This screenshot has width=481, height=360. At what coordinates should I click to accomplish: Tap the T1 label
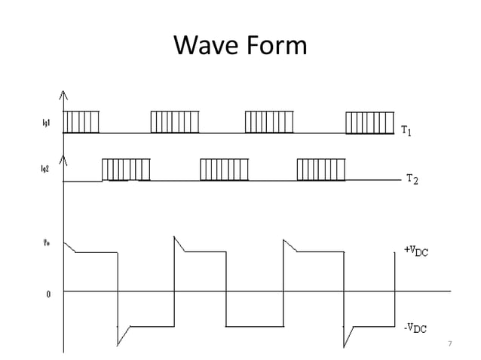[x=406, y=132]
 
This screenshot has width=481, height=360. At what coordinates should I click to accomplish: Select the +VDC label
[x=415, y=251]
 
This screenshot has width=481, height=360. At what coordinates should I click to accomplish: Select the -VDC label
[x=415, y=328]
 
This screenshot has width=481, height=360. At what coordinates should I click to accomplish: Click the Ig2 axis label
[x=45, y=170]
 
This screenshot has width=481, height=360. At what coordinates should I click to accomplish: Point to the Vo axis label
[x=46, y=243]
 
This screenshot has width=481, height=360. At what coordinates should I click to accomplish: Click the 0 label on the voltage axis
[x=49, y=294]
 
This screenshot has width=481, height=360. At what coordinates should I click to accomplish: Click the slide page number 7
[x=449, y=344]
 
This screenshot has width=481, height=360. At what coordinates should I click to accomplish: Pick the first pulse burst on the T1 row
[x=81, y=122]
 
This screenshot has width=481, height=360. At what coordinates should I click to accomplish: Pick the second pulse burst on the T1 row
[x=175, y=122]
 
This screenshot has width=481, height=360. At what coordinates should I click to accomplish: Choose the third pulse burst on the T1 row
[x=269, y=122]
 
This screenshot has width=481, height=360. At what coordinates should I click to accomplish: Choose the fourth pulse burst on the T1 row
[x=369, y=122]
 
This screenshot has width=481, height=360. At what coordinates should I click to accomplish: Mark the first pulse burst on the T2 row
[x=126, y=170]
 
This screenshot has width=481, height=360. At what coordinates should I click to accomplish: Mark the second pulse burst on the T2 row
[x=224, y=170]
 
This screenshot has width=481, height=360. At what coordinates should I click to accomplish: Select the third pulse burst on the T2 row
[x=322, y=170]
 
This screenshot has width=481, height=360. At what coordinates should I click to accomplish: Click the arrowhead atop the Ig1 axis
[x=64, y=95]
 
